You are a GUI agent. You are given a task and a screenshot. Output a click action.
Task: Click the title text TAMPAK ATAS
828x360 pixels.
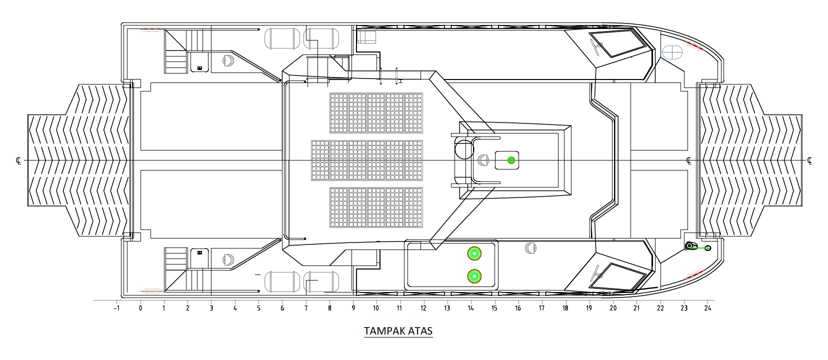398,331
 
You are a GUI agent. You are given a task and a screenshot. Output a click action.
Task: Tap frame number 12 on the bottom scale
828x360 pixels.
423,308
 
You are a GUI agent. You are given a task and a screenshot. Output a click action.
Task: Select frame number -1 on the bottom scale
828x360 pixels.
116,308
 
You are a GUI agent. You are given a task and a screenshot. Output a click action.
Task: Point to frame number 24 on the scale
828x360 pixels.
707,308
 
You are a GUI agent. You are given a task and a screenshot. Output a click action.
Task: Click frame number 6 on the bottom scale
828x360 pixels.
282,308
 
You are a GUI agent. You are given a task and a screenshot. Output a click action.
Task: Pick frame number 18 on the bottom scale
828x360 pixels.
565,308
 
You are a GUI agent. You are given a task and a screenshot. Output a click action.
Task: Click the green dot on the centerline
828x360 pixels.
511,160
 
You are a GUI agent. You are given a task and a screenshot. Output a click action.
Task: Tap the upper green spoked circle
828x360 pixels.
474,253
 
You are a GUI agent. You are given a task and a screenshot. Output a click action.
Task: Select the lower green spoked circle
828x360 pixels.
474,276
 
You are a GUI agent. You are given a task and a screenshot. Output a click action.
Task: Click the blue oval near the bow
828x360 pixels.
672,52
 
